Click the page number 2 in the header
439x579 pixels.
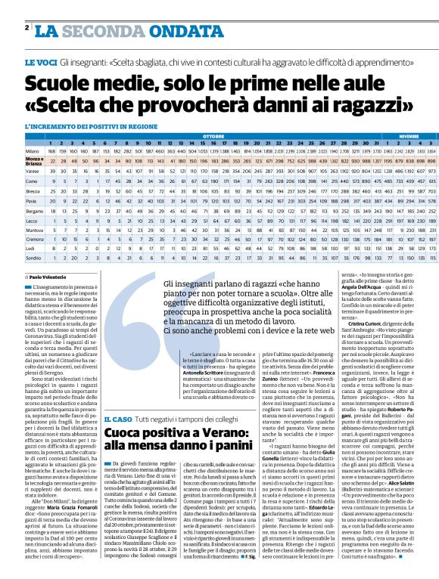click(x=26, y=28)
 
